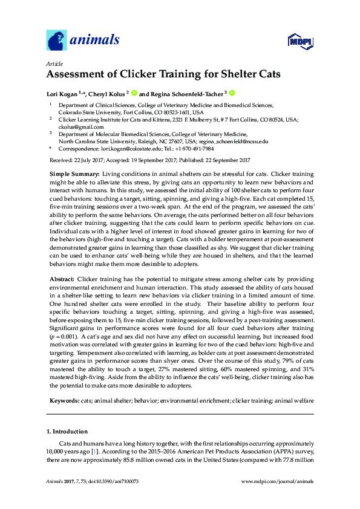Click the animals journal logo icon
56,41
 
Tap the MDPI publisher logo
300,42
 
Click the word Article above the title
54,63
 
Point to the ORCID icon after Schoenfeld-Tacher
231,94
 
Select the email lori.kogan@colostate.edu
136,149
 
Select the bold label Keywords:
64,401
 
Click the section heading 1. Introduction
67,432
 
